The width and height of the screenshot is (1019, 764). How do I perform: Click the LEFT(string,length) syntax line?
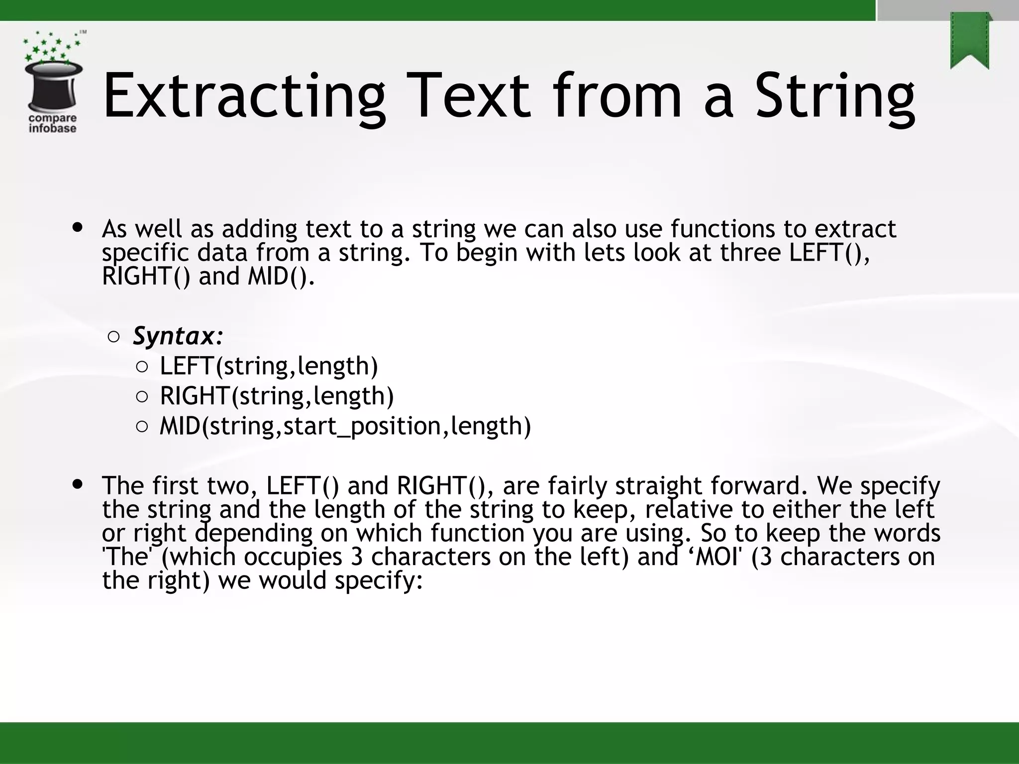click(x=269, y=366)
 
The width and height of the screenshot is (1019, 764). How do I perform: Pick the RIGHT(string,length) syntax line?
click(x=277, y=396)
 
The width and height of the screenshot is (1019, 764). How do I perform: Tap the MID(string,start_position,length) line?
click(x=345, y=426)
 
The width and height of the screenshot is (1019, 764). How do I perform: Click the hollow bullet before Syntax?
click(x=113, y=337)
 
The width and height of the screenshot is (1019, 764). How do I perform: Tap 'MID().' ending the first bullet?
click(x=281, y=277)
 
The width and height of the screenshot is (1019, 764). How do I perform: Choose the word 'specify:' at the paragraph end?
click(x=379, y=580)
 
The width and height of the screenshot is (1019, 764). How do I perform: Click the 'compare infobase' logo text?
click(x=53, y=123)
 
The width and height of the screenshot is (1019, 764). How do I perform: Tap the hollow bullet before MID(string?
click(x=142, y=427)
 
